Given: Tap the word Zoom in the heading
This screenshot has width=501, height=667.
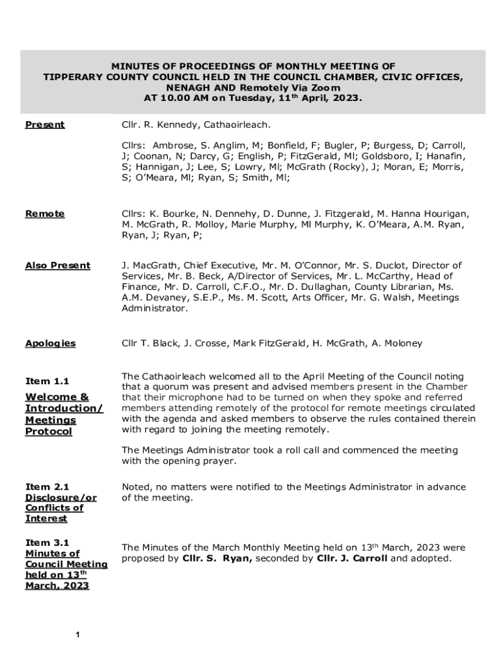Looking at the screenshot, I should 325,87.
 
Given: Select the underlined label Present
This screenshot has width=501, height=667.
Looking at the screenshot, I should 45,124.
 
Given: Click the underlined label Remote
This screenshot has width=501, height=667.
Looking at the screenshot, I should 45,214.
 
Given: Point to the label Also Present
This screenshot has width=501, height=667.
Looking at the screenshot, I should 57,265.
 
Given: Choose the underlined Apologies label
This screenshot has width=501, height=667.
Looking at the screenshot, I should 50,343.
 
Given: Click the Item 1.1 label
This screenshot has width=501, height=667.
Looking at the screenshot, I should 47,381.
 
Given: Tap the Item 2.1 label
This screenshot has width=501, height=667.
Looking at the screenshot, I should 47,487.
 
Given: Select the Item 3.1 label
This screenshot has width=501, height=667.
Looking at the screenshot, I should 47,543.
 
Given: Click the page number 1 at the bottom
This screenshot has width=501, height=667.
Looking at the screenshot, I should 77,635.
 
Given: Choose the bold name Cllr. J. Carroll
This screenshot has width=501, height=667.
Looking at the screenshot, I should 351,559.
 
